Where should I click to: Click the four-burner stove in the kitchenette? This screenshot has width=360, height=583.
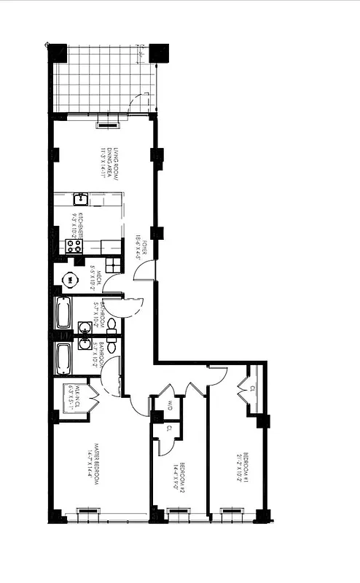75,246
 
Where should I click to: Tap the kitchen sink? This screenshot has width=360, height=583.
82,199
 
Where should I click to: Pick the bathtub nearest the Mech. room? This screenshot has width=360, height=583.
64,313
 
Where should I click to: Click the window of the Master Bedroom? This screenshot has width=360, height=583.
87,510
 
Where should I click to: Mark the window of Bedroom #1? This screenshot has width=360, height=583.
232,511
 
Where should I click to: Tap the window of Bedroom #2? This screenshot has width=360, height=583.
177,511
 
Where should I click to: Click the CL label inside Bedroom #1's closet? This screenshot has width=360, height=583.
252,388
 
